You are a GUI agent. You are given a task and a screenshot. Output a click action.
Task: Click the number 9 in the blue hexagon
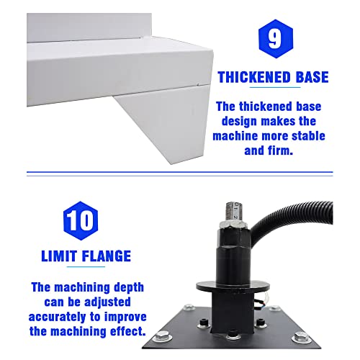(x=275, y=38)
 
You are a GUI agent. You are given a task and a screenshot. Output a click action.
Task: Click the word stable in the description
(x=305, y=135)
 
